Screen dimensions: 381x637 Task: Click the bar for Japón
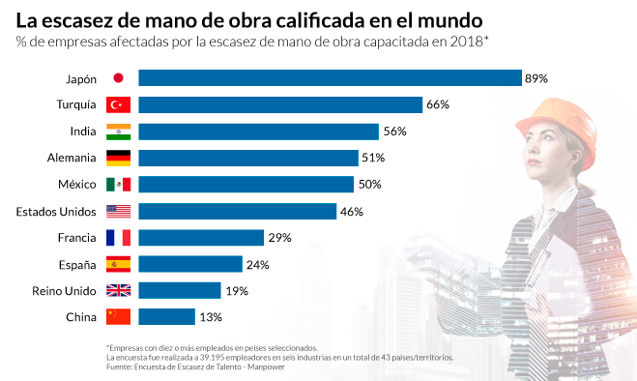[x=330, y=78]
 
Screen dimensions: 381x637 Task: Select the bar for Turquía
[x=280, y=104]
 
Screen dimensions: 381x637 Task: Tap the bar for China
[x=166, y=316]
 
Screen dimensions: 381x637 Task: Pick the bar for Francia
[x=201, y=237]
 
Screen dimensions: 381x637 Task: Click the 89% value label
[x=536, y=78]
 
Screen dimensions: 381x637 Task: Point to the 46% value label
[x=351, y=211]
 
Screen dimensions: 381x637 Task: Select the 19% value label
[x=237, y=290]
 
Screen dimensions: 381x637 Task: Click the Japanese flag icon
[x=118, y=78]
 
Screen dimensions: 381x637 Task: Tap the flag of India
[x=118, y=132]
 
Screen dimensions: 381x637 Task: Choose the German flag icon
[x=118, y=158]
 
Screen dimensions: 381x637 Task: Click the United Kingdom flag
[x=118, y=290]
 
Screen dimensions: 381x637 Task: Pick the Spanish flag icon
[x=118, y=263]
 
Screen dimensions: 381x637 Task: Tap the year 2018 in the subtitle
[x=466, y=40]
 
